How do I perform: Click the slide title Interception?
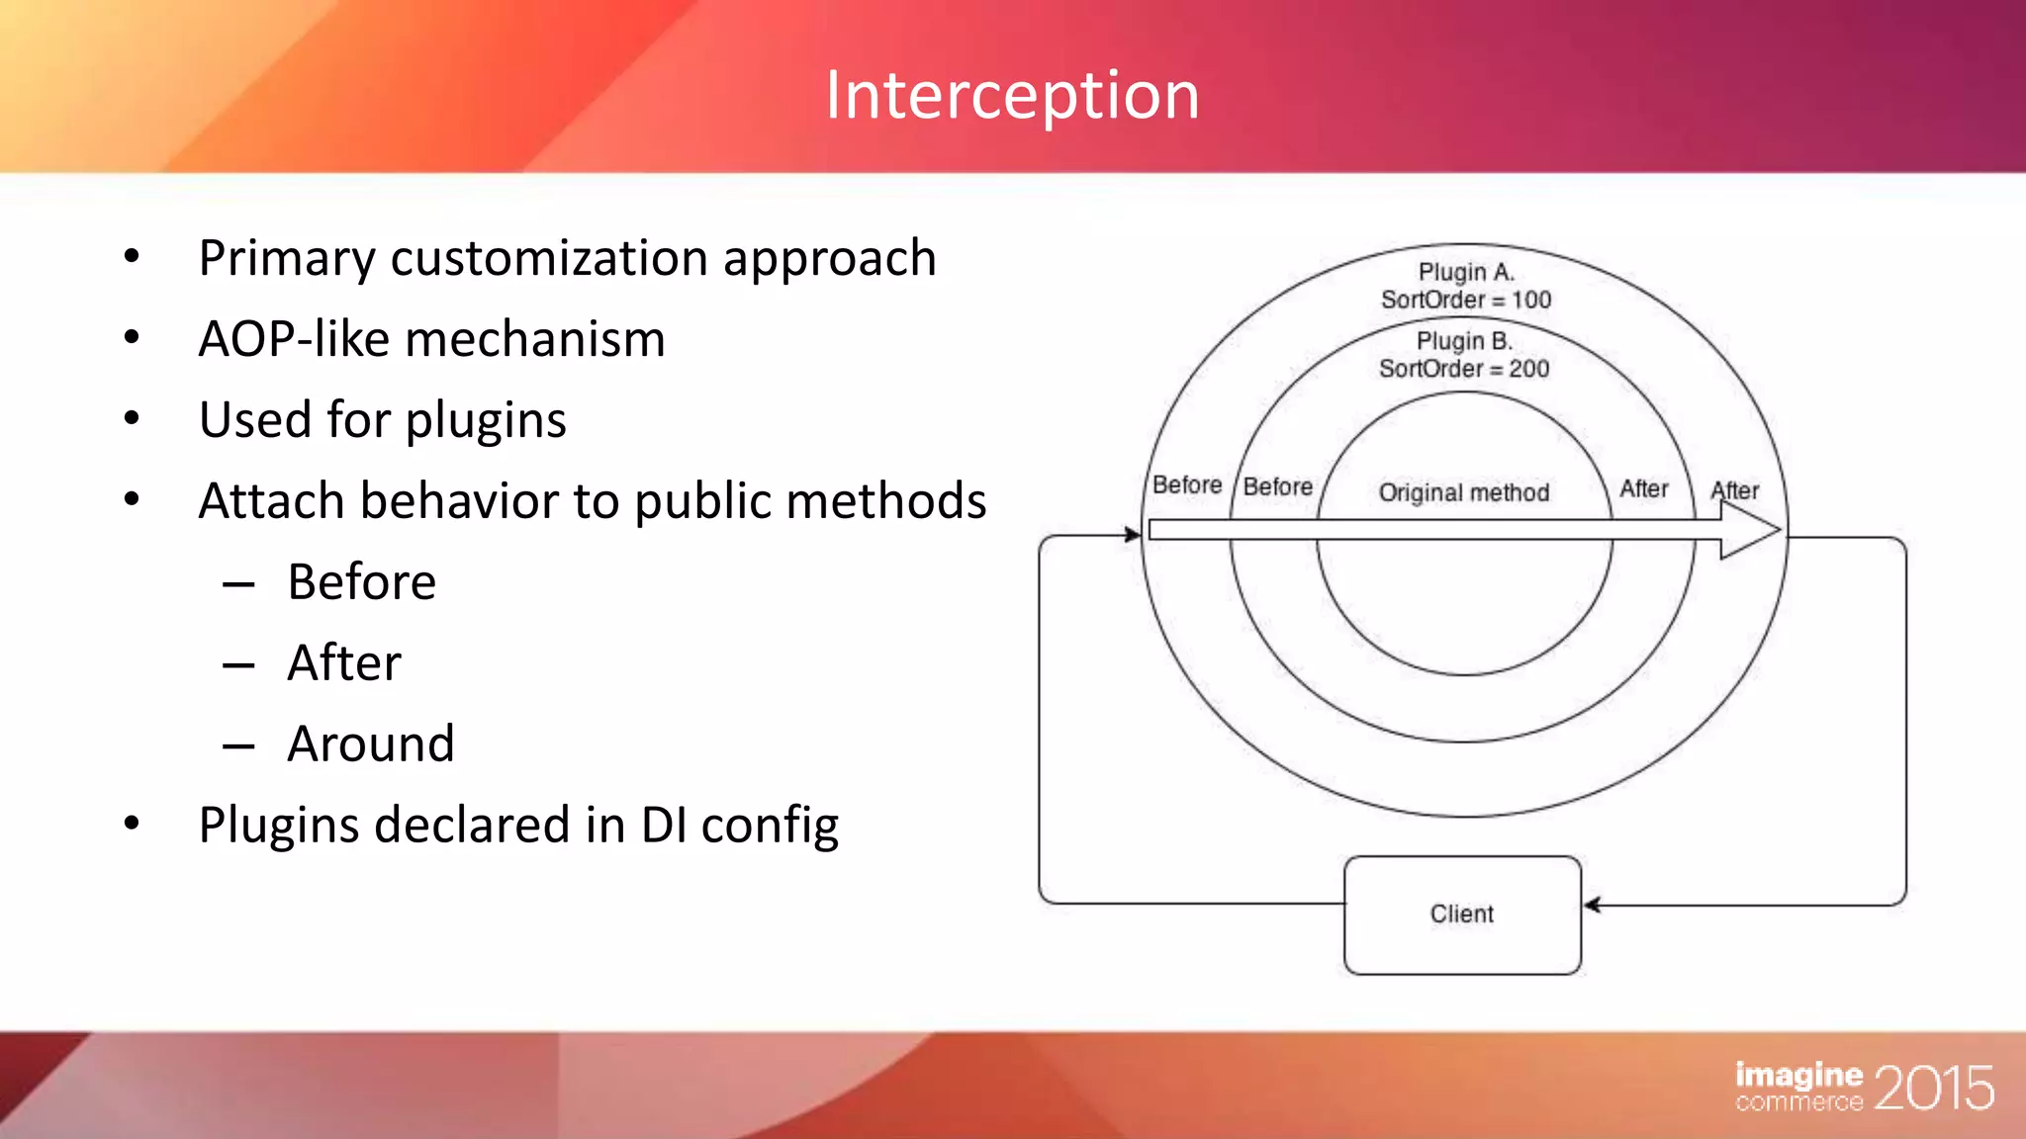pyautogui.click(x=1012, y=96)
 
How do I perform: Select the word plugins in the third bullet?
pyautogui.click(x=486, y=421)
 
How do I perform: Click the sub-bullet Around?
pyautogui.click(x=371, y=744)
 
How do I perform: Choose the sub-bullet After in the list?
pyautogui.click(x=344, y=662)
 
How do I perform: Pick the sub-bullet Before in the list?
pyautogui.click(x=361, y=581)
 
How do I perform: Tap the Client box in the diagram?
pyautogui.click(x=1462, y=915)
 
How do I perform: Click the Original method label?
pyautogui.click(x=1464, y=492)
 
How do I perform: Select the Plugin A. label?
pyautogui.click(x=1466, y=272)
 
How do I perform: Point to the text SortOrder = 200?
pyautogui.click(x=1464, y=369)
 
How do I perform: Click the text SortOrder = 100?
pyautogui.click(x=1466, y=300)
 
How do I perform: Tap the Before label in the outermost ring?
pyautogui.click(x=1186, y=485)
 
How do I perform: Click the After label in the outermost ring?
pyautogui.click(x=1735, y=490)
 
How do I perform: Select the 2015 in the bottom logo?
pyautogui.click(x=1933, y=1089)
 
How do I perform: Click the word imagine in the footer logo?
pyautogui.click(x=1798, y=1075)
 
